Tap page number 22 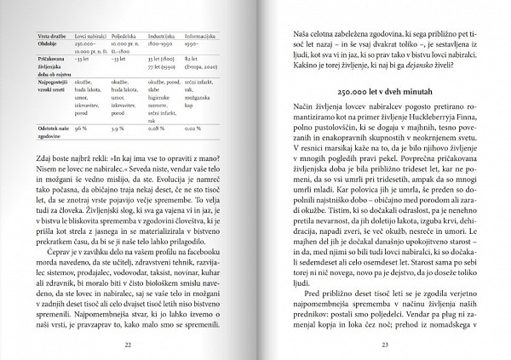(128, 345)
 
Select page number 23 (385, 345)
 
